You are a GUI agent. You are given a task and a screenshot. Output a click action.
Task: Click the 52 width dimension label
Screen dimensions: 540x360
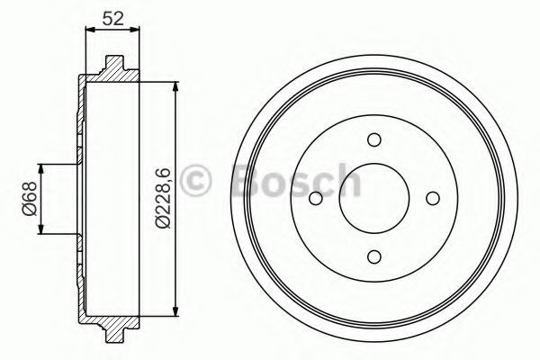[x=113, y=18]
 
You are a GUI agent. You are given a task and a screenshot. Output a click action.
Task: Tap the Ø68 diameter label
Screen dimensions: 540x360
[x=30, y=198]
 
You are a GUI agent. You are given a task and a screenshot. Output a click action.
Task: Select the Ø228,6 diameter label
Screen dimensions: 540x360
[x=163, y=198]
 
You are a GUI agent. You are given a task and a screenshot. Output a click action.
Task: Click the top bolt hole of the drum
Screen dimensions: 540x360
[x=374, y=139]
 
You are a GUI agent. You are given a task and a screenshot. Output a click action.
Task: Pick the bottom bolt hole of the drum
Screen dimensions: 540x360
[x=374, y=256]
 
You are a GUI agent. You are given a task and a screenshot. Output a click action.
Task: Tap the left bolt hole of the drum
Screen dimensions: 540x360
[x=316, y=198]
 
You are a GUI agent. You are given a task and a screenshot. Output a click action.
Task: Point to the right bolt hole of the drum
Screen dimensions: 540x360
[x=433, y=198]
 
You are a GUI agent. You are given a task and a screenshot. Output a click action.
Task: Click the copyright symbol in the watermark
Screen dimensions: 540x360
[x=195, y=180]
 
